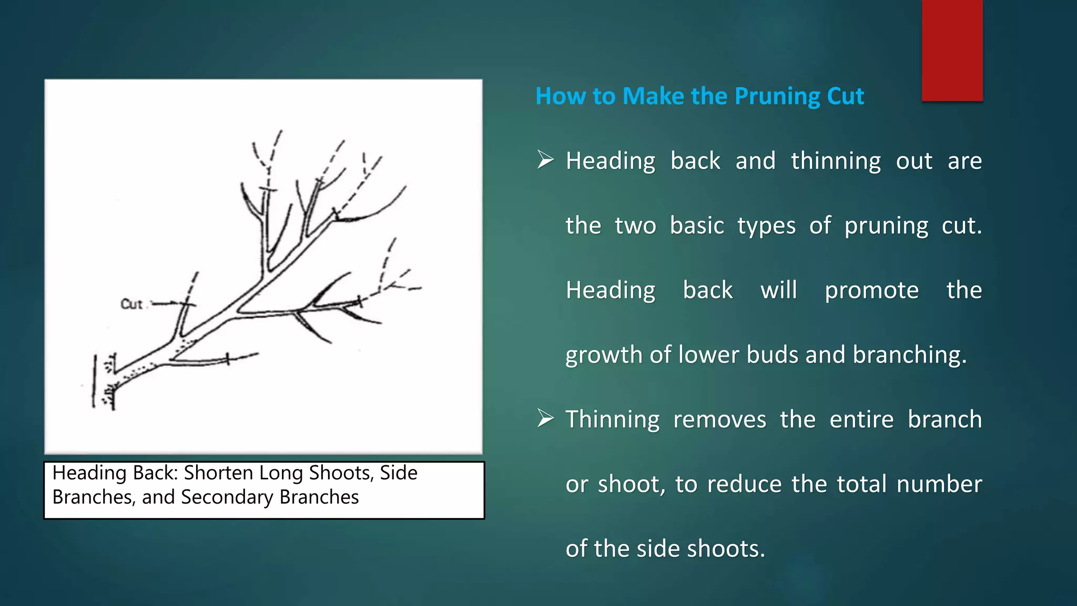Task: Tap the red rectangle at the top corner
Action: point(952,50)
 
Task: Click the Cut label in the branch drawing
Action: point(131,304)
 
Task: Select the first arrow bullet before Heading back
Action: point(545,159)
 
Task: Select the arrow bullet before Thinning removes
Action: point(545,419)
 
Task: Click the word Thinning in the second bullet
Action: point(612,420)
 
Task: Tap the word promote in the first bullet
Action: point(871,290)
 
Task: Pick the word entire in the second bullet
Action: point(861,420)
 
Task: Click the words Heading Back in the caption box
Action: point(115,473)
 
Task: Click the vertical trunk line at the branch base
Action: point(95,381)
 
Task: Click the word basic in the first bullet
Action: point(697,226)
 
